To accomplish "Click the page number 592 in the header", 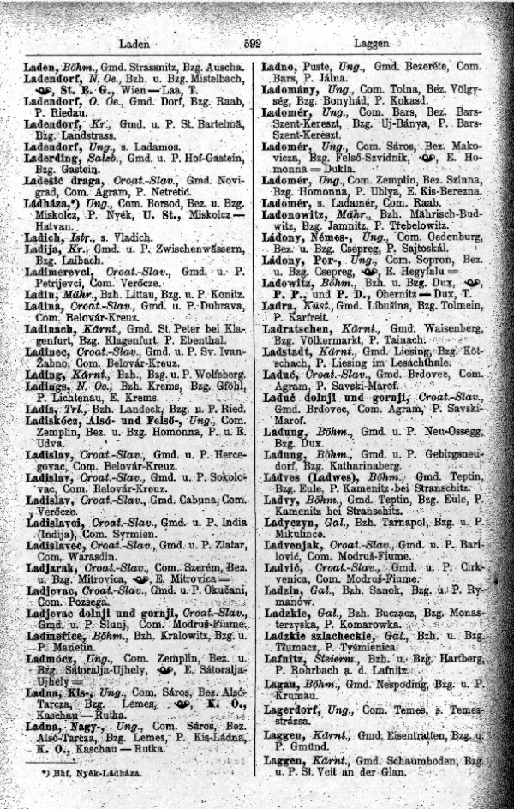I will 252,43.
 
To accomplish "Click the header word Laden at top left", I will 134,42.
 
